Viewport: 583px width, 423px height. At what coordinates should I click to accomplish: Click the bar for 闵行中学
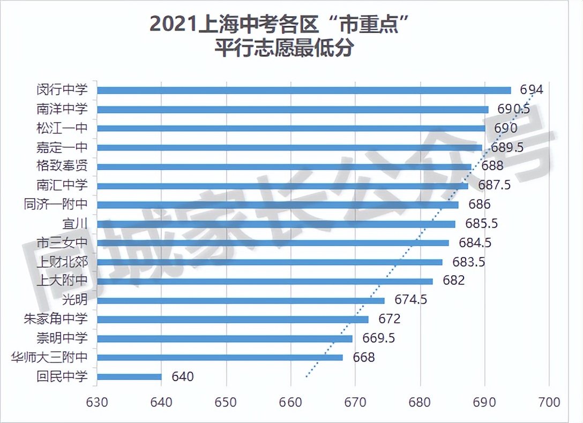click(x=304, y=90)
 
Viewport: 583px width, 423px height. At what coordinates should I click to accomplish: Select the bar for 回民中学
click(x=129, y=377)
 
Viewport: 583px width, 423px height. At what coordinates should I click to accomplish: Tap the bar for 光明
click(x=241, y=300)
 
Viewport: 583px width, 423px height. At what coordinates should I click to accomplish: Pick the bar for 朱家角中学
click(x=233, y=320)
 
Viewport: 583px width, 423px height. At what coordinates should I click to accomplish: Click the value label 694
click(x=532, y=89)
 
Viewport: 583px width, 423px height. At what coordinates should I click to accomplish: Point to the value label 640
click(x=182, y=377)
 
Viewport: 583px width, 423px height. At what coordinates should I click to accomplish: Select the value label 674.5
click(x=410, y=300)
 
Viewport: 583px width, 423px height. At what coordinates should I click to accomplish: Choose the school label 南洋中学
click(x=62, y=109)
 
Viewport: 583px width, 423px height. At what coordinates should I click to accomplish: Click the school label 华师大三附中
click(x=49, y=357)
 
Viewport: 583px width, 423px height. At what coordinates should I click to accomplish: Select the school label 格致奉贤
click(x=62, y=167)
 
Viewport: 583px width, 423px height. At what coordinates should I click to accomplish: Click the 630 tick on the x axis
click(x=97, y=402)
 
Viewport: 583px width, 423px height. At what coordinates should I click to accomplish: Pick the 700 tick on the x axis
click(x=549, y=402)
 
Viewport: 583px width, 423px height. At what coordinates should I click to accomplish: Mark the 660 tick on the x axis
click(x=291, y=402)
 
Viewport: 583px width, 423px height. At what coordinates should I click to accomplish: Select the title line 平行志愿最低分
click(x=283, y=49)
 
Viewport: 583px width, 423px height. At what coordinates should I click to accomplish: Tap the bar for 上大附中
click(x=265, y=281)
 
